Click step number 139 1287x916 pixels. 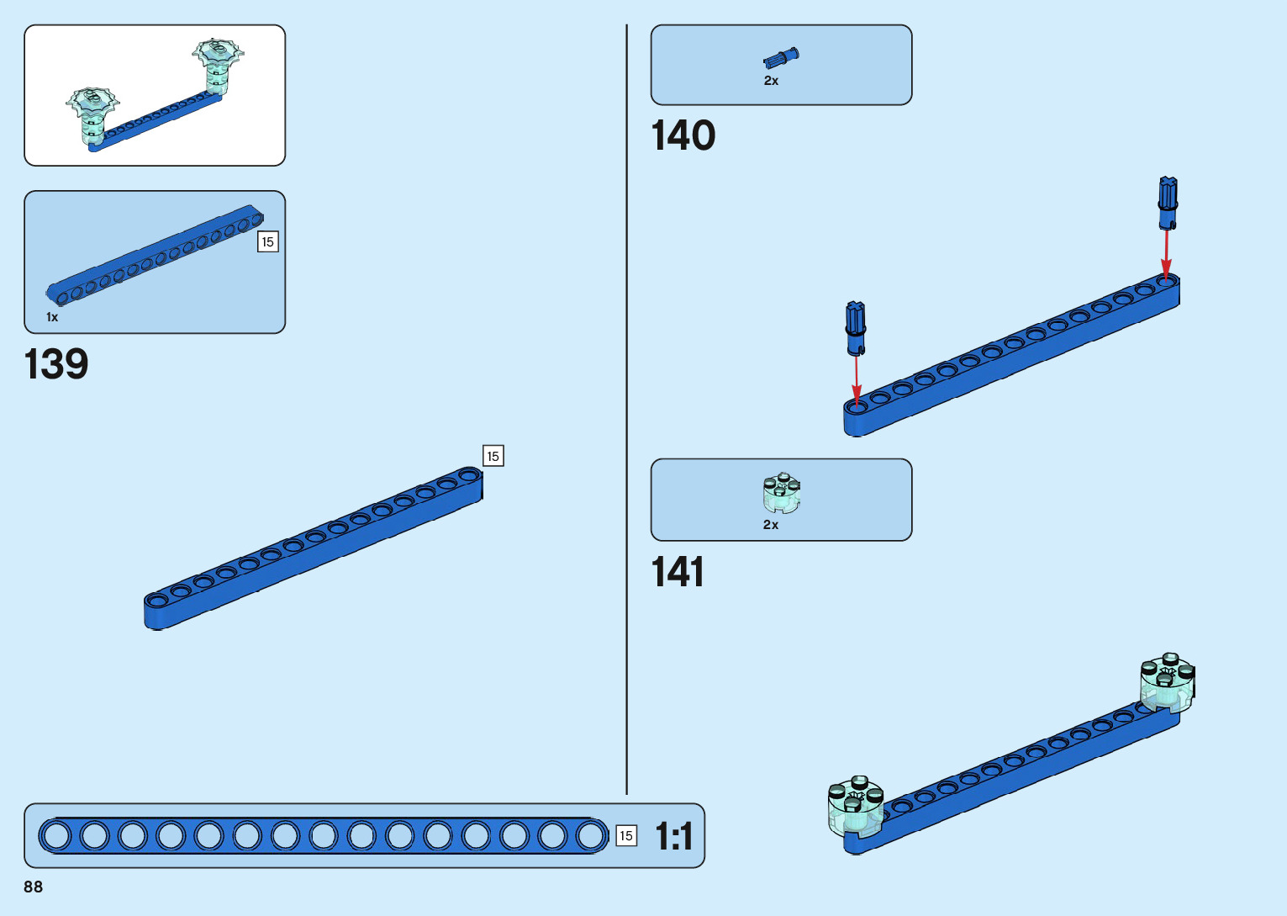[56, 364]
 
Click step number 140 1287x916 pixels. [683, 135]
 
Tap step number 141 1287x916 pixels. [678, 572]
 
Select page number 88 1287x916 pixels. [34, 887]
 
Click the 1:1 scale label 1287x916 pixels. [673, 836]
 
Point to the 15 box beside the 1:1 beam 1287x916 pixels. [626, 836]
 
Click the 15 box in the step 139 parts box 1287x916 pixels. [267, 242]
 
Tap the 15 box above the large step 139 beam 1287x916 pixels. [493, 456]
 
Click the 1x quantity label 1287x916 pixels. [52, 317]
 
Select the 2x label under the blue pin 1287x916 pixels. [771, 81]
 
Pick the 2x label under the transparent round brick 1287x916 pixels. [771, 525]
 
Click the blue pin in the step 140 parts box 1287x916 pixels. [782, 58]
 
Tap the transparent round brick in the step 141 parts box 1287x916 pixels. [782, 493]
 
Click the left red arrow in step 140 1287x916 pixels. [857, 379]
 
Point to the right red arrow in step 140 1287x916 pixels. [1166, 252]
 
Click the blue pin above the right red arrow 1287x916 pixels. [1168, 202]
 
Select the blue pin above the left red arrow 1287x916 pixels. [856, 328]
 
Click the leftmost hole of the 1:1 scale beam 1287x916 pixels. [56, 836]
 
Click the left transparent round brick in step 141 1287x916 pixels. [856, 806]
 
